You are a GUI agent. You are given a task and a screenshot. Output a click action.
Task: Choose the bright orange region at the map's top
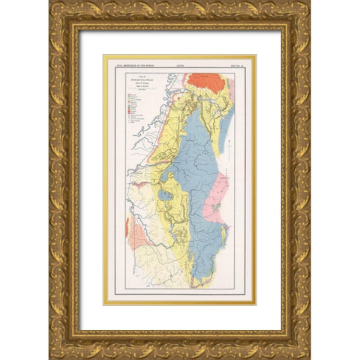click(x=207, y=81)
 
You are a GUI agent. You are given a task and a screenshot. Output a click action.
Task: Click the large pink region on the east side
click(x=215, y=199)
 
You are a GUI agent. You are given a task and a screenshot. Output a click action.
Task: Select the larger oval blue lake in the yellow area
click(x=165, y=196)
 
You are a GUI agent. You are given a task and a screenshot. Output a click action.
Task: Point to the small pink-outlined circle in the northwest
click(x=178, y=96)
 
